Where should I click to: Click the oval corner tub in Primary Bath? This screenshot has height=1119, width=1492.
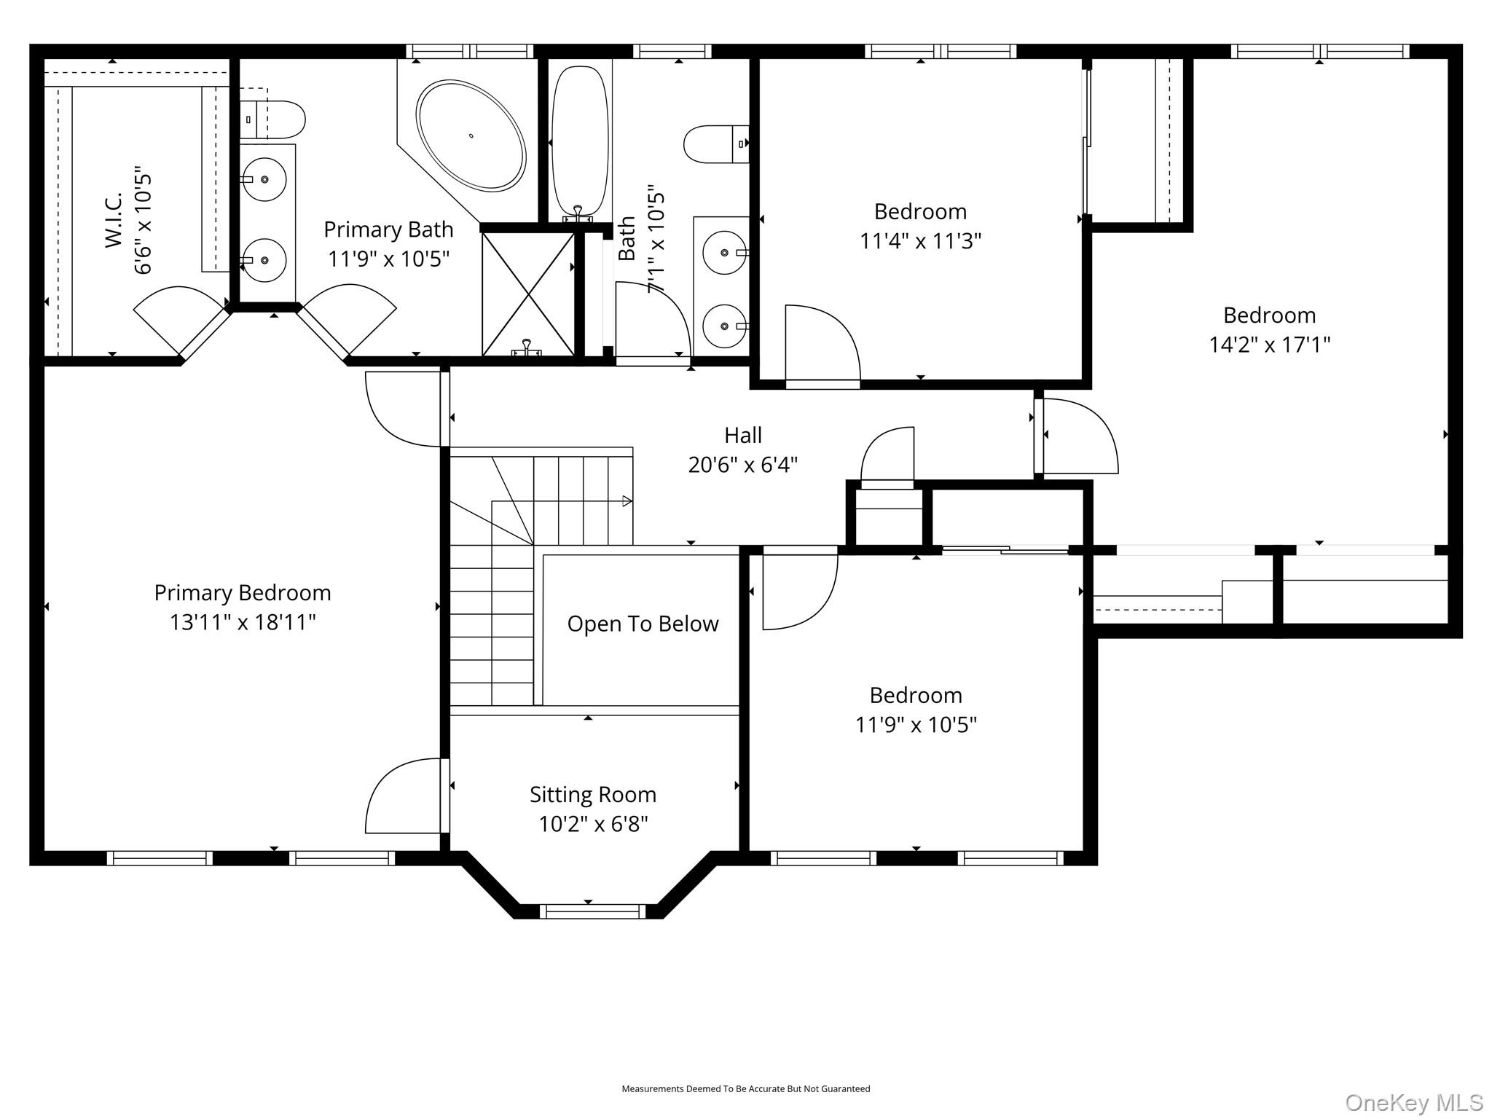[471, 136]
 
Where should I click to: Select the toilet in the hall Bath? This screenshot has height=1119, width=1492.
[716, 144]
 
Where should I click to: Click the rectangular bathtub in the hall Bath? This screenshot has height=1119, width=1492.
[580, 141]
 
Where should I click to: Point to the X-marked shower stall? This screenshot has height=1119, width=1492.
[528, 294]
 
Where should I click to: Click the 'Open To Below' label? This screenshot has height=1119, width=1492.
[643, 624]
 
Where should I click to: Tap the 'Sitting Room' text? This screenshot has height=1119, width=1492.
[593, 794]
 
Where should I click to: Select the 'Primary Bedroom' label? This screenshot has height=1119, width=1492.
[243, 593]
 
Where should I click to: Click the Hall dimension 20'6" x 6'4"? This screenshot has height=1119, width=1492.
[743, 464]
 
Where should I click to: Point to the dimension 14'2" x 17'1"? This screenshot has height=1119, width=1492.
[1270, 344]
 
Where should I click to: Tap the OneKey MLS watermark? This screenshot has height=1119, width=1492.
[1414, 1103]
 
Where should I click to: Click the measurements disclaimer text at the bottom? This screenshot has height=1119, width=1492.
[745, 1088]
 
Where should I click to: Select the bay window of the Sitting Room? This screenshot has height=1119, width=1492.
[592, 911]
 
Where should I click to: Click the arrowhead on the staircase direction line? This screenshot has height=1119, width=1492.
[627, 501]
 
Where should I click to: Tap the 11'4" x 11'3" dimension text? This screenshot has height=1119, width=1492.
[921, 240]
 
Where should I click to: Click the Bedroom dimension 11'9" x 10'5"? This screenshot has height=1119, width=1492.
[916, 725]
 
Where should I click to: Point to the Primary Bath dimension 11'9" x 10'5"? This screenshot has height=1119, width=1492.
[388, 259]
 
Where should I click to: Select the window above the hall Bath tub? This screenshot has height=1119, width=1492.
[672, 51]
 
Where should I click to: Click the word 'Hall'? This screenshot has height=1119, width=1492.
[743, 435]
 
